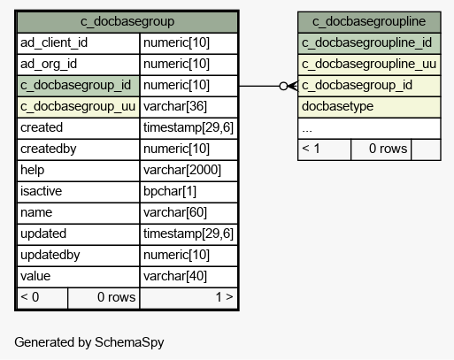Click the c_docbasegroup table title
click(x=127, y=21)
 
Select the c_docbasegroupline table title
click(x=369, y=21)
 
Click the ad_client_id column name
click(x=54, y=42)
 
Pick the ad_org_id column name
click(x=49, y=64)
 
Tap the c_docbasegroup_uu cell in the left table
click(x=78, y=106)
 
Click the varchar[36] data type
click(x=175, y=106)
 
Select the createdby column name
click(x=49, y=149)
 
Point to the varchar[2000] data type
click(x=182, y=170)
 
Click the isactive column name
click(x=41, y=191)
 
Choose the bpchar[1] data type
click(x=170, y=191)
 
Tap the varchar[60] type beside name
click(x=175, y=212)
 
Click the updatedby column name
click(x=50, y=255)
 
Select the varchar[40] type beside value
click(x=175, y=276)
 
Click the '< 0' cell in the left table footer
click(x=42, y=298)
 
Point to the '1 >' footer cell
click(x=189, y=298)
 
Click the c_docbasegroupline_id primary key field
click(x=369, y=43)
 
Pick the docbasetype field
click(x=369, y=107)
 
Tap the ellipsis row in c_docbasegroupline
click(x=369, y=128)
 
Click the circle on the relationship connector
click(x=283, y=86)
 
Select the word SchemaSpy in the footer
click(x=129, y=342)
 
